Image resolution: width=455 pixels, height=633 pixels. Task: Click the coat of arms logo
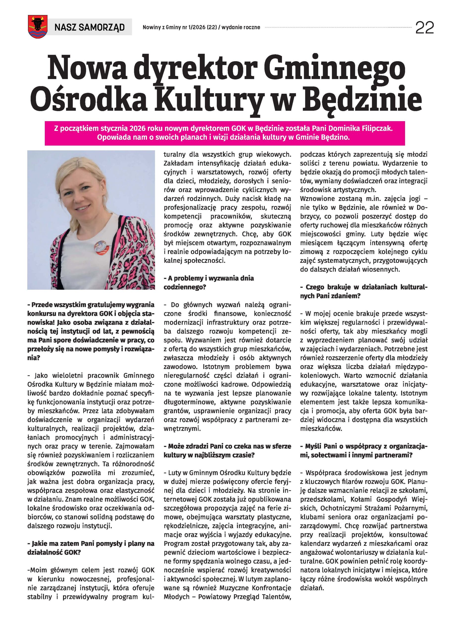[x=36, y=27]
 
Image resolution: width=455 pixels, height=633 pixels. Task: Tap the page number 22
[x=424, y=28]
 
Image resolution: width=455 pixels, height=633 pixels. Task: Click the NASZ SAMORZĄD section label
[x=89, y=27]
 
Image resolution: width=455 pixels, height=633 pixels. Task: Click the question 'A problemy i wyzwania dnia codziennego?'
[x=208, y=282]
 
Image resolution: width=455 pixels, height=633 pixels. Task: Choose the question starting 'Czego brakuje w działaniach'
[x=363, y=291]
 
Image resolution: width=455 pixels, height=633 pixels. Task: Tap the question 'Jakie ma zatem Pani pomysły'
[x=91, y=548]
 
